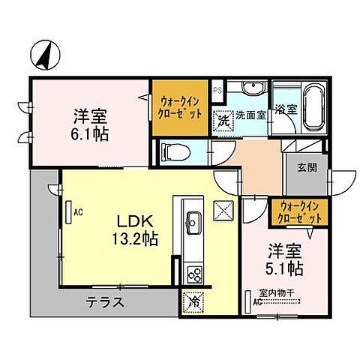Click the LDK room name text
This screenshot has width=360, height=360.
pyautogui.click(x=133, y=223)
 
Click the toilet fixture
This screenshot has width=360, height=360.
pyautogui.click(x=173, y=151)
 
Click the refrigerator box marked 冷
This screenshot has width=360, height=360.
pyautogui.click(x=192, y=304)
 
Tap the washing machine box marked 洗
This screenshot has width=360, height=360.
pyautogui.click(x=223, y=119)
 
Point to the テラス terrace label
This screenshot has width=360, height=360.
pyautogui.click(x=105, y=304)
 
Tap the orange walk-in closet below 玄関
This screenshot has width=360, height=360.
pyautogui.click(x=299, y=212)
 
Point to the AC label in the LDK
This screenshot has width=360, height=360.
pyautogui.click(x=77, y=212)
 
